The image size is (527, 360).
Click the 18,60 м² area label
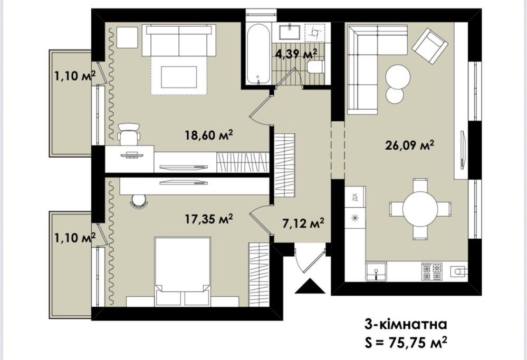tap(209, 135)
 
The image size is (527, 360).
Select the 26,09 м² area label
tap(410, 145)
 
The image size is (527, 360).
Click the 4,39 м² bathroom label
tap(296, 54)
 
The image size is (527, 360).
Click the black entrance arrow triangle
tap(310, 286)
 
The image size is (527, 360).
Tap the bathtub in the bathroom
tap(258, 55)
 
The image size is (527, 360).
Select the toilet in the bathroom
tap(315, 67)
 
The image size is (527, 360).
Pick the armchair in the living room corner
tap(430, 45)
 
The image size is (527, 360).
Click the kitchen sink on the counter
tap(376, 271)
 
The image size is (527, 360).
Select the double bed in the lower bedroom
tap(183, 271)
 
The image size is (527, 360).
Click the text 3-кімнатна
tap(406, 324)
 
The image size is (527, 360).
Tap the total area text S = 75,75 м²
tap(406, 343)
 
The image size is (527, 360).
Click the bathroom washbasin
tap(290, 33)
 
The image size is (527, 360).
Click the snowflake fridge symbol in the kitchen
tap(355, 218)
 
